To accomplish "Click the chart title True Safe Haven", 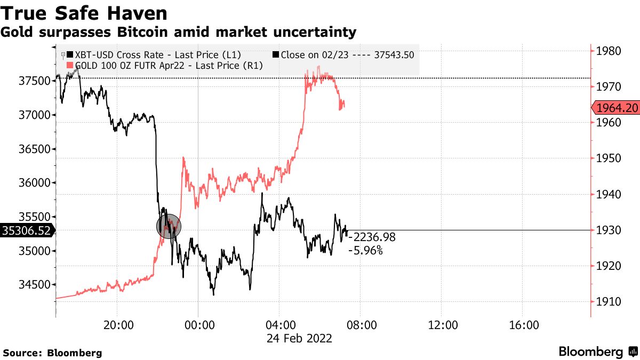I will coord(85,13).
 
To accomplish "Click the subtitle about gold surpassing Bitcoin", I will coord(179,32).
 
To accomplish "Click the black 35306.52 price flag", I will coord(27,230).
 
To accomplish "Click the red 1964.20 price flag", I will coord(617,108).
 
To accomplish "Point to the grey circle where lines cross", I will coord(169,226).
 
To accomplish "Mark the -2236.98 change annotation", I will coord(374,237).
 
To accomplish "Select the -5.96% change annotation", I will coord(365,250).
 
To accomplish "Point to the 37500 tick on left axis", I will coord(34,81).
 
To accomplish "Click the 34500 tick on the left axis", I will coord(34,285).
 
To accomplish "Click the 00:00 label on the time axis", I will coord(198,325).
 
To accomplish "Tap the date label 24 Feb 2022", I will coord(300,338).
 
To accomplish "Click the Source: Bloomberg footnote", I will coord(52,353).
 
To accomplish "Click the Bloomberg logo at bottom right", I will coord(597,352).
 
